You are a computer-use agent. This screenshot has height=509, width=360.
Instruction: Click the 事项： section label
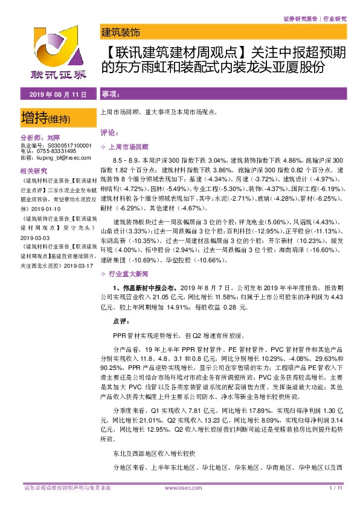(x=110, y=95)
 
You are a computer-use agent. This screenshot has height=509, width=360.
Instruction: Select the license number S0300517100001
(x=63, y=146)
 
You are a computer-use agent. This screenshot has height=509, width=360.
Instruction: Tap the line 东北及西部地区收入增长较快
(x=151, y=452)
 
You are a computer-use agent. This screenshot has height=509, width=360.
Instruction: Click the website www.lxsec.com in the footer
(x=179, y=488)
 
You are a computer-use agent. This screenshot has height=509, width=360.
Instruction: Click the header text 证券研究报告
(x=300, y=19)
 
